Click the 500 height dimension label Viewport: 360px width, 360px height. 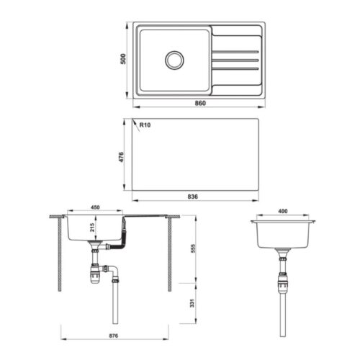(123, 59)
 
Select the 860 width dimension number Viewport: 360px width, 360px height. (200, 103)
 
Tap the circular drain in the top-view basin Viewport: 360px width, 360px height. (174, 60)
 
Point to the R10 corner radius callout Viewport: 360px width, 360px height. (145, 125)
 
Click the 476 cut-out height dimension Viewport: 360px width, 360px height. (122, 157)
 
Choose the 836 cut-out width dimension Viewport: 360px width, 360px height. (193, 197)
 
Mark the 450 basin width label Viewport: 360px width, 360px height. (95, 207)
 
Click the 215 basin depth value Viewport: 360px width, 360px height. (92, 228)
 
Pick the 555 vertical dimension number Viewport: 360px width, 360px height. (193, 248)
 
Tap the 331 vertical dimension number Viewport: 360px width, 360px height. (192, 303)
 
